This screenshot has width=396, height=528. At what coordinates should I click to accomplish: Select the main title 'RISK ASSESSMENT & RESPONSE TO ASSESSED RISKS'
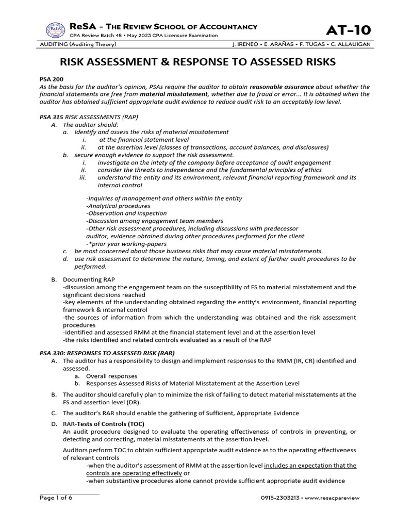click(198, 62)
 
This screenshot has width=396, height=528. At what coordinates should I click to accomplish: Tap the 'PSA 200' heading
click(51, 80)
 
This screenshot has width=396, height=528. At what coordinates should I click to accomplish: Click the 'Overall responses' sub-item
click(111, 376)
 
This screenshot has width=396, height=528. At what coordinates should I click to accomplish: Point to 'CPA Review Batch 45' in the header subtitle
click(96, 36)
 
